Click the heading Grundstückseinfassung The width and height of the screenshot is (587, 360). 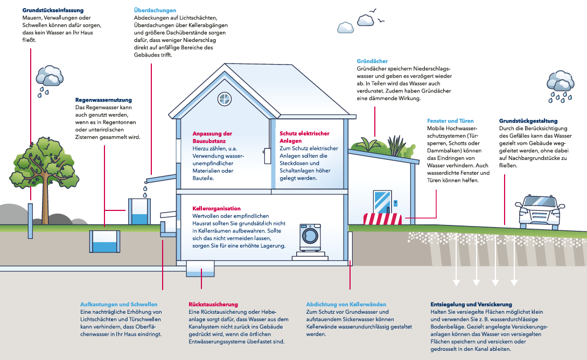(53, 10)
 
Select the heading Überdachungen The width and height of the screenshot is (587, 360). (155, 10)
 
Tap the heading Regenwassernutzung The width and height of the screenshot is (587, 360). (104, 100)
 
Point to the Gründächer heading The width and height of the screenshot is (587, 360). (372, 61)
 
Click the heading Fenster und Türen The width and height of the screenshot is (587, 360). (450, 121)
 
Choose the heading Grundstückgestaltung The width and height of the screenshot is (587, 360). (528, 121)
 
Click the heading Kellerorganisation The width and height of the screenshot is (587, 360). (216, 208)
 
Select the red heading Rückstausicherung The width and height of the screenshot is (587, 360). (213, 304)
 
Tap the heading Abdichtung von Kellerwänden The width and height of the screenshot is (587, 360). (346, 304)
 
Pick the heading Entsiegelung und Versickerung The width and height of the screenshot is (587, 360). (471, 304)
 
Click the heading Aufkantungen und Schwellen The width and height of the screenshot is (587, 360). (118, 304)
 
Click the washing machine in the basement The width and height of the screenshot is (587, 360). (310, 238)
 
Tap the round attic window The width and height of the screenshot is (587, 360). (225, 99)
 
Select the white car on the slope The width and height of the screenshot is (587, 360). (540, 212)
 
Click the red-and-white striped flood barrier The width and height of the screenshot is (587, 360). (382, 219)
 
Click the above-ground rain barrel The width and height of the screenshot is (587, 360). (139, 211)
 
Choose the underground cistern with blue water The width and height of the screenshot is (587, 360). (105, 242)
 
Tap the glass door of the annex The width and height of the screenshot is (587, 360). (382, 202)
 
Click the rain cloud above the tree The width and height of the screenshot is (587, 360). (50, 76)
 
